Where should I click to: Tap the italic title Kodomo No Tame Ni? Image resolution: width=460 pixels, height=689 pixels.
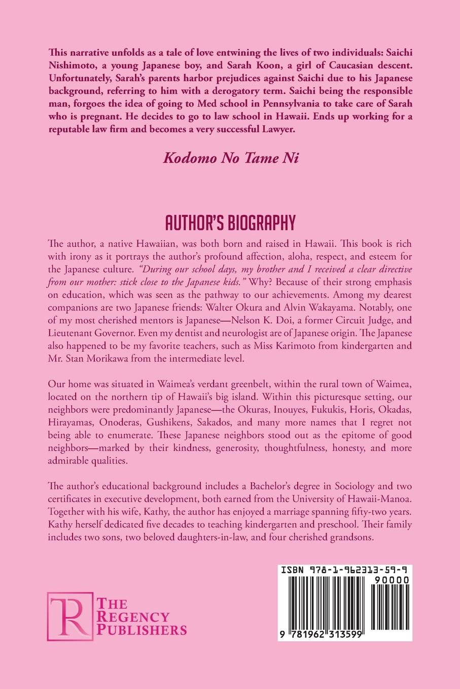(230, 157)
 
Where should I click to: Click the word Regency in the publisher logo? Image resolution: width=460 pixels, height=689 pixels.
(132, 617)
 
